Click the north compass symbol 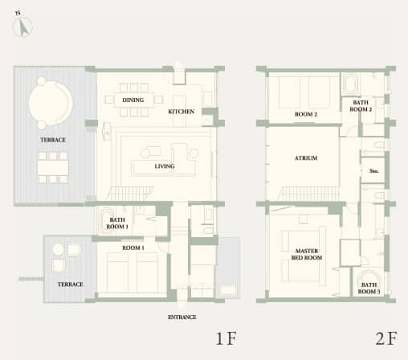coord(22,27)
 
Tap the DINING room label coord(133,100)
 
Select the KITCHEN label coord(181,112)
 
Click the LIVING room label coord(143,166)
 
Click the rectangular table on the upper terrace coord(53,168)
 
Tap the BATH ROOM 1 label coord(117,223)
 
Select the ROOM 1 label coord(133,247)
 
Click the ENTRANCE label coord(182,317)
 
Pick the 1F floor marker coord(225,337)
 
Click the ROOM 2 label coord(306,115)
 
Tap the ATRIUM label coord(306,158)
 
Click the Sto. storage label coord(373,171)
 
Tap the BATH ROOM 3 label coord(369,288)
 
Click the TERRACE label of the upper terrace coord(53,140)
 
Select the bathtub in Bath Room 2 coord(353,84)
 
